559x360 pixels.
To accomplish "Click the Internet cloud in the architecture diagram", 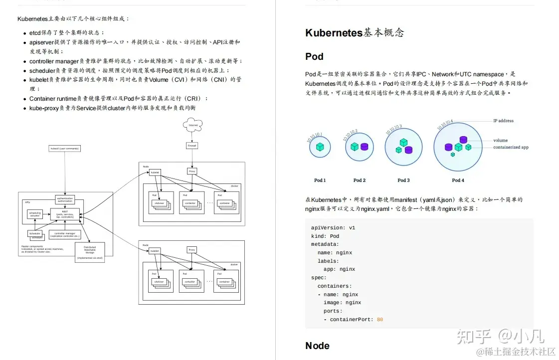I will tap(192, 125).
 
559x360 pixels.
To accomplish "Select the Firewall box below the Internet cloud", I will tap(192, 146).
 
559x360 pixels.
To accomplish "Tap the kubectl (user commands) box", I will tap(65, 149).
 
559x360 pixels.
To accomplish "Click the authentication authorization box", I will tap(65, 199).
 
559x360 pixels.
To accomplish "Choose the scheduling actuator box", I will tap(35, 214).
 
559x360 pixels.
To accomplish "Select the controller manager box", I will tap(65, 234).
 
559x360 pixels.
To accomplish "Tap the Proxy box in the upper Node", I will tap(192, 171).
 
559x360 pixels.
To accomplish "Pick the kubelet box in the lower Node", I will tap(155, 250).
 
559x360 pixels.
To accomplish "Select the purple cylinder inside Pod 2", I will tap(364, 147).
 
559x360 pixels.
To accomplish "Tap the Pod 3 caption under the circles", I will tap(403, 180).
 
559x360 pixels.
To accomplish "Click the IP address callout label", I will tap(503, 121).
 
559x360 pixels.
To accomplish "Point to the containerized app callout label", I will tap(511, 147).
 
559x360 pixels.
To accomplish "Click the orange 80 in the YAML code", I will tap(380, 320).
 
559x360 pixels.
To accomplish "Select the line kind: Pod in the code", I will tap(325, 236).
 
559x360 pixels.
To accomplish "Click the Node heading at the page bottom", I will tap(317, 346).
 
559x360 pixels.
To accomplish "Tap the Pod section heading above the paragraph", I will tap(314, 56).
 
